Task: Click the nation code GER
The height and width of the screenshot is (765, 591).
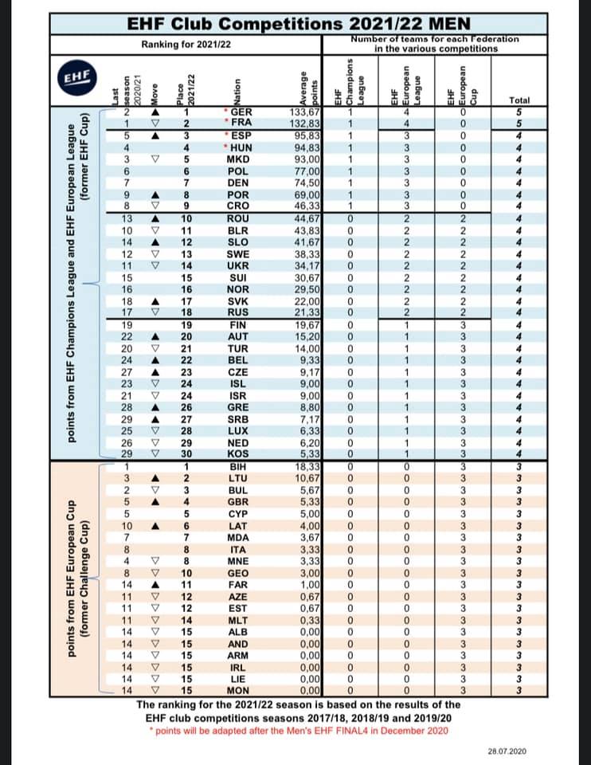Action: [239, 112]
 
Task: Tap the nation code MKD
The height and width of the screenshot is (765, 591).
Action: [238, 158]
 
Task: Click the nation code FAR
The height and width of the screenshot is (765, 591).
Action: [238, 583]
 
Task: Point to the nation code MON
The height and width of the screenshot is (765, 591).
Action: [238, 689]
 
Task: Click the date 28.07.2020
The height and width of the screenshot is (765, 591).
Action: [507, 751]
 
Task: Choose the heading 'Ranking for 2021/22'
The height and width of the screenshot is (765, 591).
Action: [186, 44]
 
